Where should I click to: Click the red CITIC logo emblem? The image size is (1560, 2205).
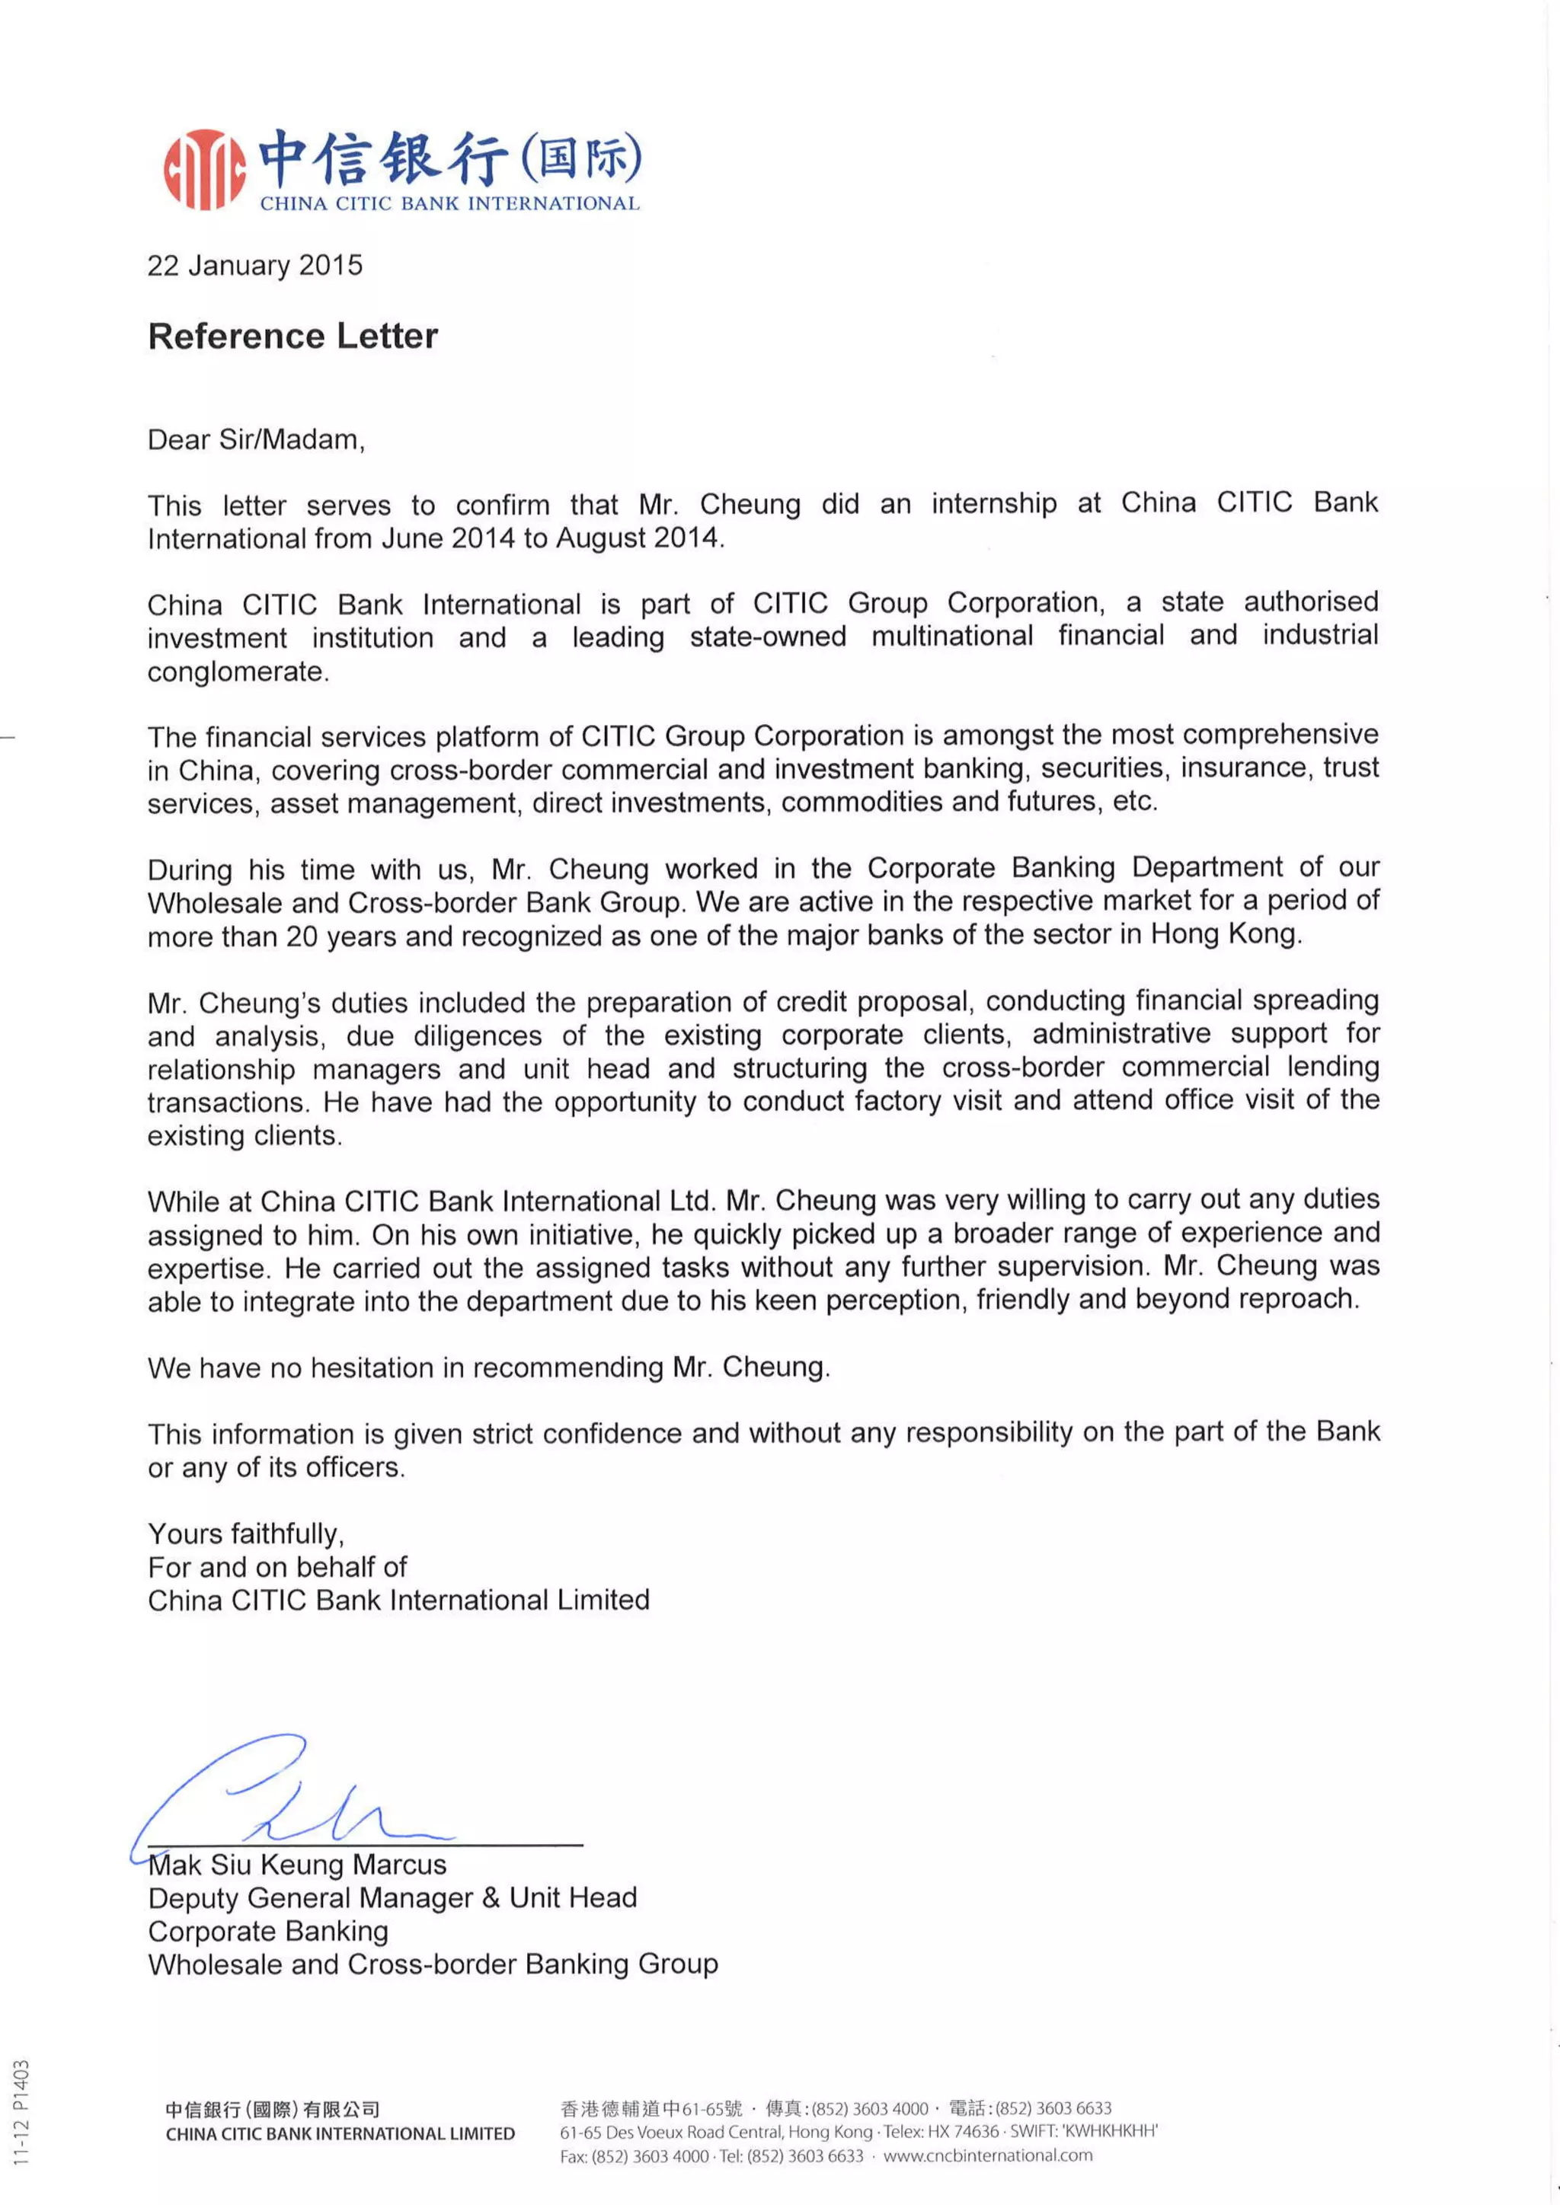(203, 169)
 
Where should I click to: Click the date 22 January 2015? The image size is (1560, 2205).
(254, 265)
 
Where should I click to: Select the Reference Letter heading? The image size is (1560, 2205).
(293, 336)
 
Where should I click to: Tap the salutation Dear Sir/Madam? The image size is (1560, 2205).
(255, 440)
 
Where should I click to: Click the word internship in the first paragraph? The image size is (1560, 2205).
(993, 503)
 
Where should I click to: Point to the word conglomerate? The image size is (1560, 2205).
(237, 672)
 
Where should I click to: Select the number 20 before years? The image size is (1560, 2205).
(302, 937)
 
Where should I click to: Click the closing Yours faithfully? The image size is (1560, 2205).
(246, 1533)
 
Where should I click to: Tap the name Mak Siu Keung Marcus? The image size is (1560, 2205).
(298, 1865)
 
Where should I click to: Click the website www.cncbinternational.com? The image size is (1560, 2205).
(987, 2155)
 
